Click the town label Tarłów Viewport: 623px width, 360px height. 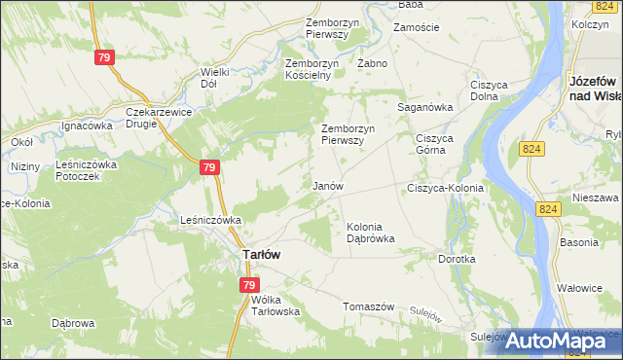point(260,255)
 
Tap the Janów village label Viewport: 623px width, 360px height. point(327,185)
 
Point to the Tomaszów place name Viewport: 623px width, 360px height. point(368,306)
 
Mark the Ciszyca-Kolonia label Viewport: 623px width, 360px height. point(445,187)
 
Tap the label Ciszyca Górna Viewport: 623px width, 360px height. point(436,144)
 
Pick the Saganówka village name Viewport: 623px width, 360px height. point(425,107)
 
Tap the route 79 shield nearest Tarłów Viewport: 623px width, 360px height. point(249,285)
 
